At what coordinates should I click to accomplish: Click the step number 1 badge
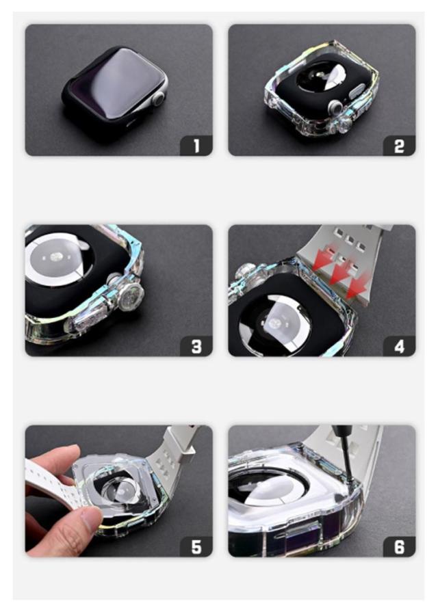pos(196,146)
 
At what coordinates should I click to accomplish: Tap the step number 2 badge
pos(399,146)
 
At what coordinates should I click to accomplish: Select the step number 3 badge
pos(196,346)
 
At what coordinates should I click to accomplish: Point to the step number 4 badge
pos(399,346)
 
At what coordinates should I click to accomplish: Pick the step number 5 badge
pos(196,546)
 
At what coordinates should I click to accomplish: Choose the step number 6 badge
pos(399,546)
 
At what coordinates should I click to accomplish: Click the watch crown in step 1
pos(158,98)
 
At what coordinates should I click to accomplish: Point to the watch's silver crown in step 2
pos(335,106)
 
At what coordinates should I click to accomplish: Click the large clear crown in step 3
pos(131,296)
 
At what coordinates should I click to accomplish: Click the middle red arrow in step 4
pos(338,274)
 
